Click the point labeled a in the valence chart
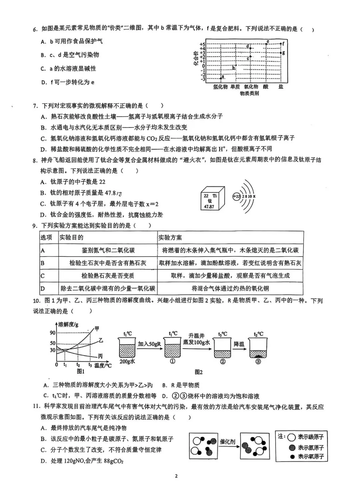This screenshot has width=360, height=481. pyautogui.click(x=221, y=78)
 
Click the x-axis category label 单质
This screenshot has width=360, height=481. pyautogui.click(x=235, y=87)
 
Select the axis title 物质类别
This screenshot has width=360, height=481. pyautogui.click(x=249, y=93)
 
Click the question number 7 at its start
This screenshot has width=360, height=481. pyautogui.click(x=35, y=106)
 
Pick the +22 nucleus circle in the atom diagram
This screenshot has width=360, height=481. pyautogui.click(x=237, y=196)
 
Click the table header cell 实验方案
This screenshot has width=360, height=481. pyautogui.click(x=170, y=237)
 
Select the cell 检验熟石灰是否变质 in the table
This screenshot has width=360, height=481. pyautogui.click(x=108, y=276)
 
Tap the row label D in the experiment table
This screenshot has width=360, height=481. pyautogui.click(x=43, y=289)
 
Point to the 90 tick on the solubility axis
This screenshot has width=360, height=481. pyautogui.click(x=53, y=333)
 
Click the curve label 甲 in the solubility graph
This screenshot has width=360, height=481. pyautogui.click(x=97, y=329)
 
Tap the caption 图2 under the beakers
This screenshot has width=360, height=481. pyautogui.click(x=199, y=372)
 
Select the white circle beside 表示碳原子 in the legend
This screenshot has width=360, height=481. pyautogui.click(x=291, y=437)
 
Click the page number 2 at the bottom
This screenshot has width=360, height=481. pyautogui.click(x=176, y=476)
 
